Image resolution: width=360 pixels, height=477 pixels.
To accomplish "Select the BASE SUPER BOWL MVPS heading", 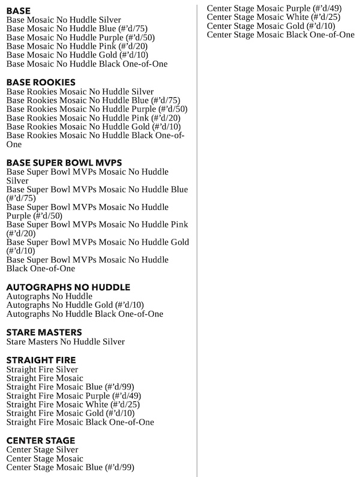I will pos(64,162).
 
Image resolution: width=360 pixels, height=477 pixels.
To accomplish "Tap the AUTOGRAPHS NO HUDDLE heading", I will pos(68,287).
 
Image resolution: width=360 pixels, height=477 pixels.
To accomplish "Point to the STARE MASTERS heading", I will pos(44,332).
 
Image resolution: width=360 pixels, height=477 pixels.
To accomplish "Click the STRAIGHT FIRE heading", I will pos(41,359).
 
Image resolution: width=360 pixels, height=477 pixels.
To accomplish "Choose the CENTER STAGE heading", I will pos(40,440).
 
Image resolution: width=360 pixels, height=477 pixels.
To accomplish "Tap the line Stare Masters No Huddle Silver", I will pos(65,341).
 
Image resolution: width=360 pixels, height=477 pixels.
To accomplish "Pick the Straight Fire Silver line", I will pos(42,370).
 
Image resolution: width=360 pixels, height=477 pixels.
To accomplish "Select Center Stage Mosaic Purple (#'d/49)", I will pos(266,8).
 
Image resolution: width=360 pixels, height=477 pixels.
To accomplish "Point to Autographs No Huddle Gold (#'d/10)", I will pos(75,305).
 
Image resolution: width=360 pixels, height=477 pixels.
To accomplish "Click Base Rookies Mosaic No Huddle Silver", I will pos(80,91).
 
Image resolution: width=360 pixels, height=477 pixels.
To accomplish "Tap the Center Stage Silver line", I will pos(42,449).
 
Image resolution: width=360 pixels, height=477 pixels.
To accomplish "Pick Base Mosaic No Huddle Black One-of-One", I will pos(86,64).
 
